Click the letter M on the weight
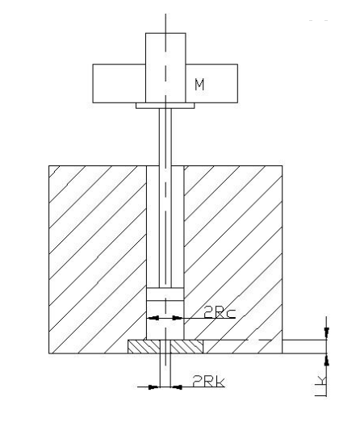[x=199, y=84]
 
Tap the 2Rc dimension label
[x=220, y=312]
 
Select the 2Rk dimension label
[x=208, y=381]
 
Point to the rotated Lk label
[x=321, y=386]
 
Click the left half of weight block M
[x=119, y=83]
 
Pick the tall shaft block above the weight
[x=165, y=68]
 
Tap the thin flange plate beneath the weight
[x=165, y=106]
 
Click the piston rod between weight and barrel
[x=165, y=198]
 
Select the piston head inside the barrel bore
[x=165, y=294]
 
